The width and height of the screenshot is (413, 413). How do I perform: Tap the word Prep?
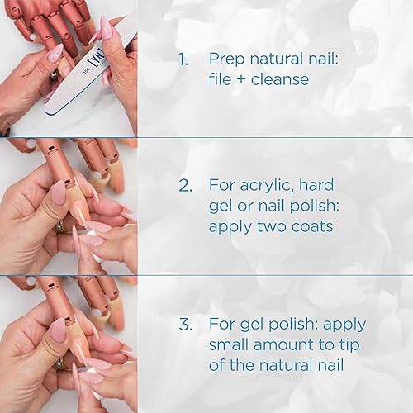(228, 59)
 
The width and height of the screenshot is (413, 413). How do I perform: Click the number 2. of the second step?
(183, 183)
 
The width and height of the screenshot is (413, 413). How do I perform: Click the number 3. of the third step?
(183, 323)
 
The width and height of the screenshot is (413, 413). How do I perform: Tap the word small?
(231, 344)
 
